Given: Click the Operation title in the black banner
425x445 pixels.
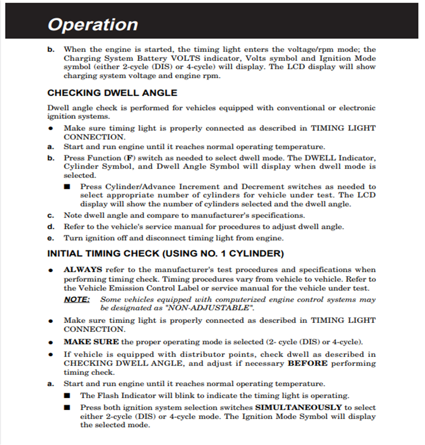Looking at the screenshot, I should (93, 25).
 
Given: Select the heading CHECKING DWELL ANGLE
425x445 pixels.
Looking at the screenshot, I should (112, 93).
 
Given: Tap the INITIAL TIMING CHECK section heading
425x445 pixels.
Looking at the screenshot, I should (165, 254).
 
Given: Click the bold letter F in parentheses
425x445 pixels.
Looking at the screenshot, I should (129, 158).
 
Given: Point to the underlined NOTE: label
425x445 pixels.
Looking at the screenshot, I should (77, 300).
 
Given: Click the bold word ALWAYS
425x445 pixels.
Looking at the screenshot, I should (83, 270).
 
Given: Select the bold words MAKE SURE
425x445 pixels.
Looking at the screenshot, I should (91, 341).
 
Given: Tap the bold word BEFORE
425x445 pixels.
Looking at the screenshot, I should (308, 363).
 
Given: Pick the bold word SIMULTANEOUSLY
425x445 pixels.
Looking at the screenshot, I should (298, 408).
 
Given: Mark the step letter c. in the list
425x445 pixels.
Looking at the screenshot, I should (51, 215).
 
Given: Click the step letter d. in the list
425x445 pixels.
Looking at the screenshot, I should (51, 227).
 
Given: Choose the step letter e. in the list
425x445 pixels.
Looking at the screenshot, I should (51, 238).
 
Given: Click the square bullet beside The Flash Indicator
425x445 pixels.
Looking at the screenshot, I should (67, 395).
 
